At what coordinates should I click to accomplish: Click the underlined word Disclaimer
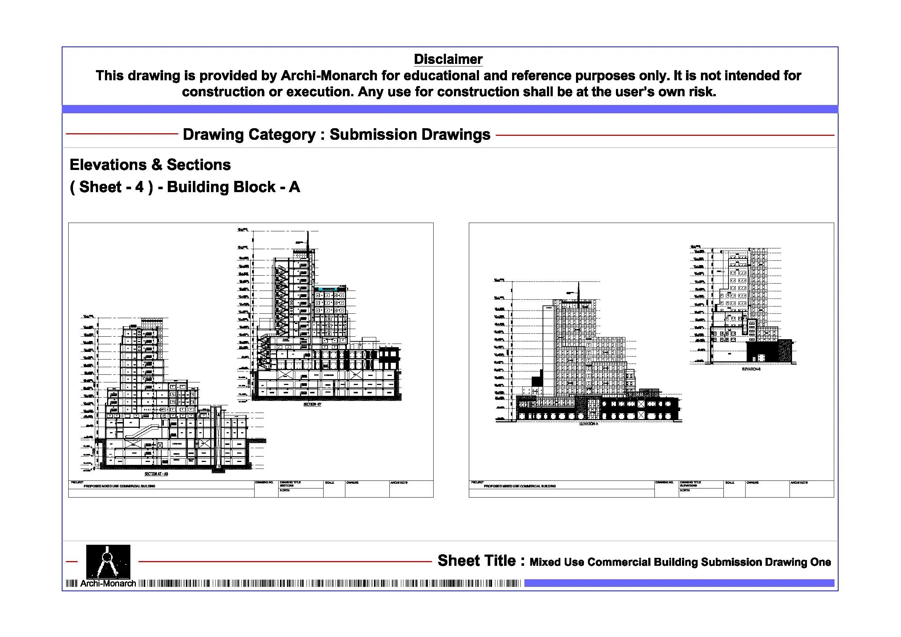[x=448, y=59]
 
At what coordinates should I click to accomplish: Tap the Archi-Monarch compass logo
[x=108, y=561]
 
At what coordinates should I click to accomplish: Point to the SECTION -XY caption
[x=312, y=404]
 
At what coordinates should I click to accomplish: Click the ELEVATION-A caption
[x=588, y=424]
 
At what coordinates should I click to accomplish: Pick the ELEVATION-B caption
[x=751, y=369]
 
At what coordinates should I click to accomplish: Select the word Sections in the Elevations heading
[x=199, y=165]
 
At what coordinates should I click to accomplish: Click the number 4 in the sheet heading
[x=139, y=187]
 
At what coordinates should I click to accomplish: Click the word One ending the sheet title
[x=820, y=562]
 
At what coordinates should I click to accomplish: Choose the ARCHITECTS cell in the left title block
[x=399, y=483]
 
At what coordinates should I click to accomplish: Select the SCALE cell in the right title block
[x=730, y=483]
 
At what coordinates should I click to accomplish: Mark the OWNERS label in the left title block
[x=352, y=483]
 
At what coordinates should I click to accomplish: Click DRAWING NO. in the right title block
[x=664, y=482]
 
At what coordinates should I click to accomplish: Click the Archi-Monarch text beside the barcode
[x=108, y=584]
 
